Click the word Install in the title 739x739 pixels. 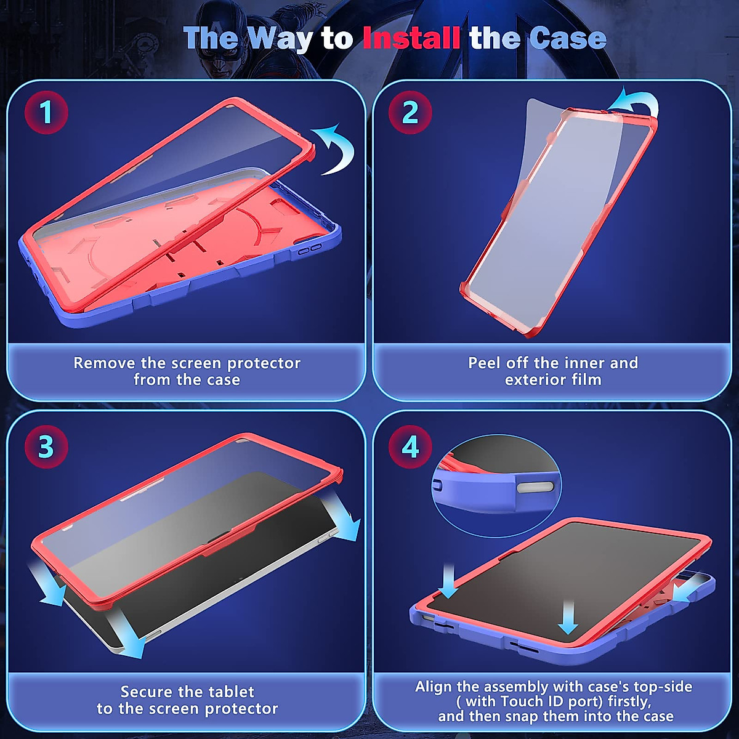tap(411, 38)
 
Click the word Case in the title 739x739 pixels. tap(567, 38)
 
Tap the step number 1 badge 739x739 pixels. tap(46, 113)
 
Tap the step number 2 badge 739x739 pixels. tap(410, 113)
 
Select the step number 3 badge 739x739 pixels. tap(46, 447)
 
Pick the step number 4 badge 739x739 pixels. tap(410, 447)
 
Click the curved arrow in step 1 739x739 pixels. tap(336, 148)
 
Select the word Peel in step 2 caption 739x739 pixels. tap(485, 363)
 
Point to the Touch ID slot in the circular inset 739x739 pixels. tap(535, 488)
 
